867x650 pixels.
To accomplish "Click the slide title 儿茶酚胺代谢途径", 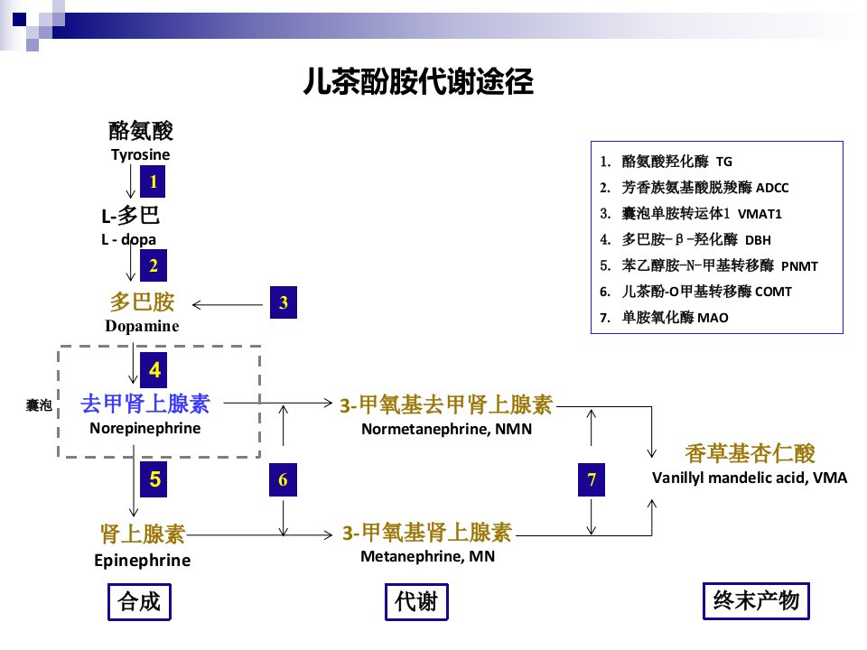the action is pos(418,82).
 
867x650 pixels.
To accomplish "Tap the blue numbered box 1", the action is pos(153,181).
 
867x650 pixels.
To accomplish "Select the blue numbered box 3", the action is pos(283,302).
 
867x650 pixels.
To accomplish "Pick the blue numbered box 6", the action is pos(283,479).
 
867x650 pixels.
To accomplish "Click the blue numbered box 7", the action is pos(591,479).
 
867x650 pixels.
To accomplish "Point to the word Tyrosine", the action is pos(141,154).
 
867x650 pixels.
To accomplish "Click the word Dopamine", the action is pos(142,326).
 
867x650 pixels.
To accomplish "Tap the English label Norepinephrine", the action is pos(144,428).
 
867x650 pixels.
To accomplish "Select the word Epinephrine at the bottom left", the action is pos(142,561).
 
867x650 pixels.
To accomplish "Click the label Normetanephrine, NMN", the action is pos(447,430).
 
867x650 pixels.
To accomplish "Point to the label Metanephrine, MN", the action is pos(427,557).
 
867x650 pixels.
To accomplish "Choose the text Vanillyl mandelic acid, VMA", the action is pos(750,478).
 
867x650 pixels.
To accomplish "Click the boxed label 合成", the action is pos(139,601).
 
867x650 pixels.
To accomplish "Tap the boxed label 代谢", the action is pos(416,601).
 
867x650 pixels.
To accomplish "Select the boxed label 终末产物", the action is pos(756,600).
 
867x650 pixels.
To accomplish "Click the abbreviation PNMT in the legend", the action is pos(799,266).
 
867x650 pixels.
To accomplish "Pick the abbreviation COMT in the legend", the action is pos(774,292).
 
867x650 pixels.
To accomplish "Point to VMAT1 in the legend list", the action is pos(760,215).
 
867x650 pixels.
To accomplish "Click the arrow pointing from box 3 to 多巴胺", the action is pos(228,304).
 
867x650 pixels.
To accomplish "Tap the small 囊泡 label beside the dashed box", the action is pos(39,405).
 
